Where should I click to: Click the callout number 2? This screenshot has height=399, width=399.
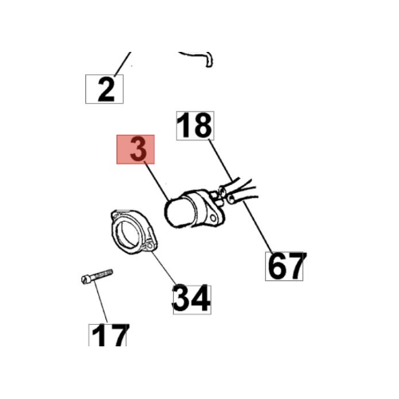(x=106, y=89)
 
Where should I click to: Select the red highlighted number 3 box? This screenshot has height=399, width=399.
(x=136, y=149)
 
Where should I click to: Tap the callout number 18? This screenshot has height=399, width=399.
(x=195, y=125)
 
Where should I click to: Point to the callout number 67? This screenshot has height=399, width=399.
(x=286, y=266)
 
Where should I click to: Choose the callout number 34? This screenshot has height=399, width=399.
(x=192, y=298)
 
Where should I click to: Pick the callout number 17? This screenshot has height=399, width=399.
(x=109, y=335)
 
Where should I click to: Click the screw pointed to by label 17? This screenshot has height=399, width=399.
(x=97, y=276)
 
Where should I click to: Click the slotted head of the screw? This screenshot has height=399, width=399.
(x=85, y=279)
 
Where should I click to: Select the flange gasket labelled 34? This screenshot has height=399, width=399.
(x=134, y=231)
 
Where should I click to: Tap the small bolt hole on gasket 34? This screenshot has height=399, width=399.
(x=150, y=245)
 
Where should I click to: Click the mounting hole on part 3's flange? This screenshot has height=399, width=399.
(x=213, y=219)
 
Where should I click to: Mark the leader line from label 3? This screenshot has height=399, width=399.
(x=157, y=181)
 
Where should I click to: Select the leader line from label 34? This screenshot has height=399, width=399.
(x=164, y=267)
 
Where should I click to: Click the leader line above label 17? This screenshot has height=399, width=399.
(x=101, y=302)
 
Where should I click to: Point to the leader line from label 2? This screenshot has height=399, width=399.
(x=123, y=64)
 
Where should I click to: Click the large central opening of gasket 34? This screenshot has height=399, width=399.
(x=128, y=233)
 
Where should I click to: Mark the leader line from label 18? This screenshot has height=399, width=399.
(x=220, y=160)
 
